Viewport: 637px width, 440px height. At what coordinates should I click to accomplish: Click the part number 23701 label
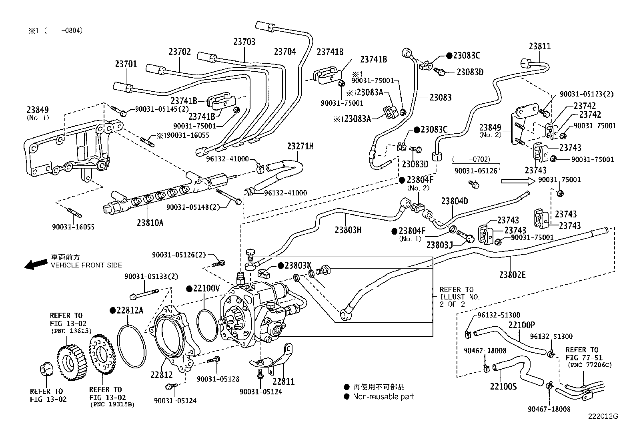[x=126, y=64]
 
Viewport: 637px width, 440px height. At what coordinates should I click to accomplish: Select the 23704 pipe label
[x=285, y=51]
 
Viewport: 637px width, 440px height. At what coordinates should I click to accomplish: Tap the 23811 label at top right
[x=539, y=46]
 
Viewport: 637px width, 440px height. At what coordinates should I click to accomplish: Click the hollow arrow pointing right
[x=518, y=181]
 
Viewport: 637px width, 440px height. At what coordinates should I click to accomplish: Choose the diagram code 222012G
[x=603, y=416]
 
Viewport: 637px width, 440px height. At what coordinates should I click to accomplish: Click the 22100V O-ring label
[x=206, y=288]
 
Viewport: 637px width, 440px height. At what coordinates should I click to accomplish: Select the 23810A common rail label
[x=150, y=223]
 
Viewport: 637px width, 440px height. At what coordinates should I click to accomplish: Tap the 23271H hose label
[x=300, y=146]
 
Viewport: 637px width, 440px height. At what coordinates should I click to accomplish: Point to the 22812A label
[x=129, y=310]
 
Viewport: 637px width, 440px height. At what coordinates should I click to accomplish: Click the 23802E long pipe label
[x=512, y=274]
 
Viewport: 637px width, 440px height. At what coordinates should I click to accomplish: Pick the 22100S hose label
[x=503, y=386]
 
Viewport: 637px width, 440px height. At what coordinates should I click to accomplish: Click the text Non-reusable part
[x=383, y=396]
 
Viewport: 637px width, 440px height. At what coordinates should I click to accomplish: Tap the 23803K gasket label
[x=297, y=265]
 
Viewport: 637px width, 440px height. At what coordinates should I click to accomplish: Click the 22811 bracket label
[x=283, y=381]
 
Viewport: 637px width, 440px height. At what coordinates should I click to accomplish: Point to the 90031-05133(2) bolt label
[x=151, y=276]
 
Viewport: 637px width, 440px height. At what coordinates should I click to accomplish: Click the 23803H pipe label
[x=348, y=230]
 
